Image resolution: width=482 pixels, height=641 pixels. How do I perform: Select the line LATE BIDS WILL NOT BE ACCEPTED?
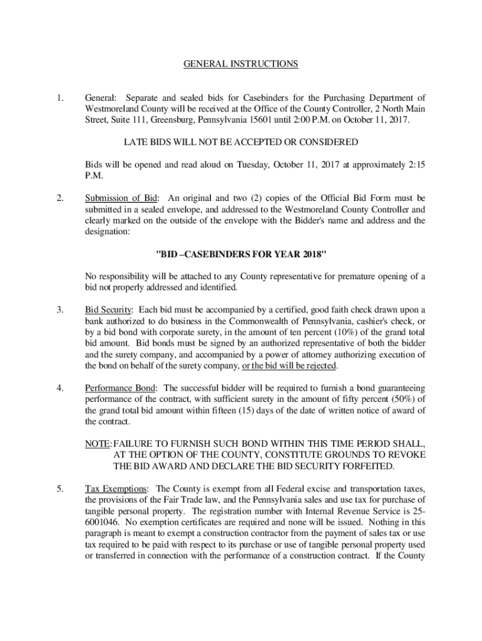click(241, 143)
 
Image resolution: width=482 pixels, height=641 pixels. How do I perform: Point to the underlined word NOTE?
click(97, 443)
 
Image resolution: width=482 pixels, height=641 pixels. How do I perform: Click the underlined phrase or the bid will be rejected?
click(290, 366)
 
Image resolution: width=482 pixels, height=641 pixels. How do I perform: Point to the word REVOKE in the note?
click(404, 454)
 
